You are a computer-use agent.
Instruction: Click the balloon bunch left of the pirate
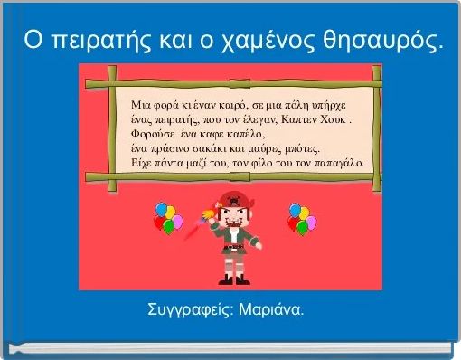(166, 217)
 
